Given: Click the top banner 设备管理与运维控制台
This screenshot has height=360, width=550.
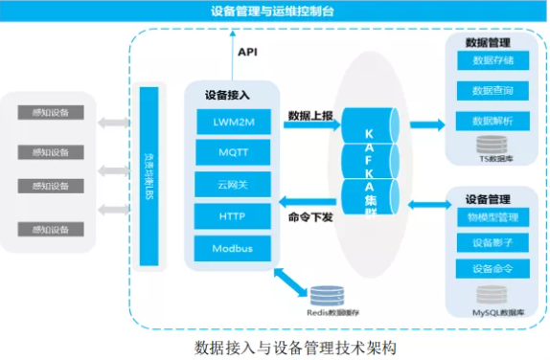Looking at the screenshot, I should (274, 11).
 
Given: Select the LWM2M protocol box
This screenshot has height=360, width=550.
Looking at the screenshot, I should (231, 122).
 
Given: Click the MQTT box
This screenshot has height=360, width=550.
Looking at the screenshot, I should (231, 153).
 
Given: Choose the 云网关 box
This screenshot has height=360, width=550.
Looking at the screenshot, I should (231, 184).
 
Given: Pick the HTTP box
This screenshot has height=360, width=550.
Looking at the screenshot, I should (231, 216).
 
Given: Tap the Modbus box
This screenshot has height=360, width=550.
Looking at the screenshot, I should (231, 248).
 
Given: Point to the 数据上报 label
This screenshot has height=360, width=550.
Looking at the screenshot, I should (310, 116).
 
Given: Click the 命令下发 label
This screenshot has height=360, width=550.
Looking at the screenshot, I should (310, 217).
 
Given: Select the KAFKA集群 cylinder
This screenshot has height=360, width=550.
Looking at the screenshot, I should (370, 163).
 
